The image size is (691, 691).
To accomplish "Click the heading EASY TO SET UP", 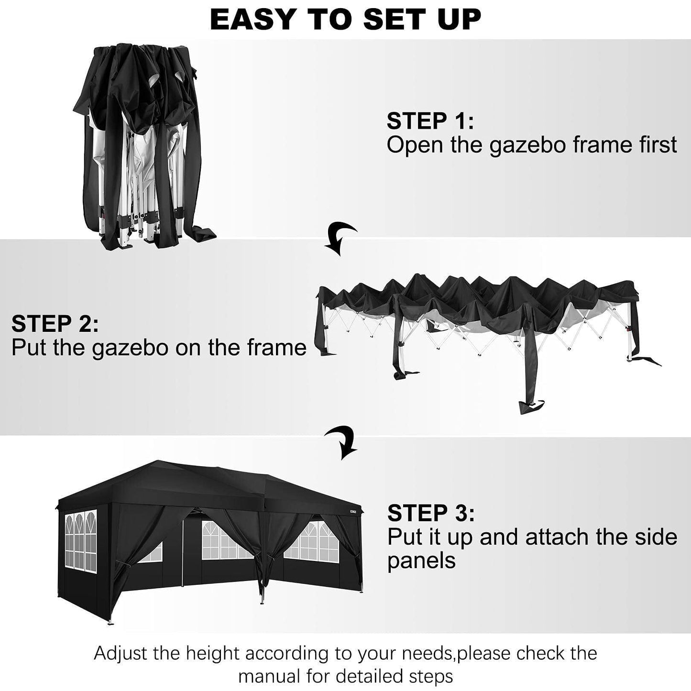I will pos(345,19).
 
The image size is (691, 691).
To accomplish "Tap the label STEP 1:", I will pos(430,121).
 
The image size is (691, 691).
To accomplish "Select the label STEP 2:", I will pos(55,324).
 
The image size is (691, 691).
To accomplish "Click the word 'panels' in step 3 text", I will pos(421,560).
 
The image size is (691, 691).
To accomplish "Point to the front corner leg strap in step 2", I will pos(526,392).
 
